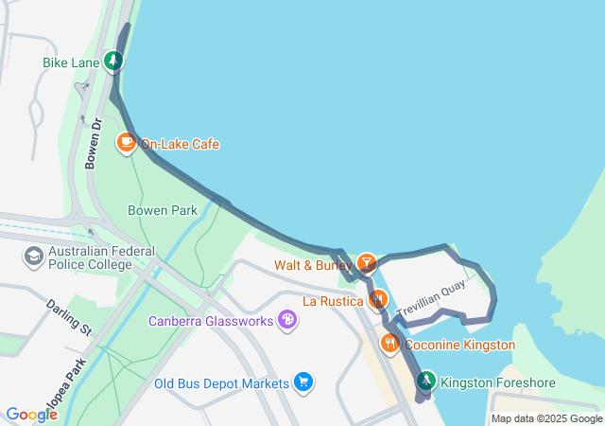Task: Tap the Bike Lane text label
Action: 70,63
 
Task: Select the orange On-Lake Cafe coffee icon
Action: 126,144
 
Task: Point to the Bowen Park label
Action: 162,210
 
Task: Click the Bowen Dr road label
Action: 93,143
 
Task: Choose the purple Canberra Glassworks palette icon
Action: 287,321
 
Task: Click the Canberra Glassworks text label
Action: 211,322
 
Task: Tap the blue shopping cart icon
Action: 302,382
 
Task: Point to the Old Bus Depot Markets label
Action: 221,383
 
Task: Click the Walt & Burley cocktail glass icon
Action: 366,263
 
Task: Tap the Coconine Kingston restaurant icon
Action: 389,344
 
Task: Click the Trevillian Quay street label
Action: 432,300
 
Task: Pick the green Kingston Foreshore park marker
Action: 426,382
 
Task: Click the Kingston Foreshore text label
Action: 498,383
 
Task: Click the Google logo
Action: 31,414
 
